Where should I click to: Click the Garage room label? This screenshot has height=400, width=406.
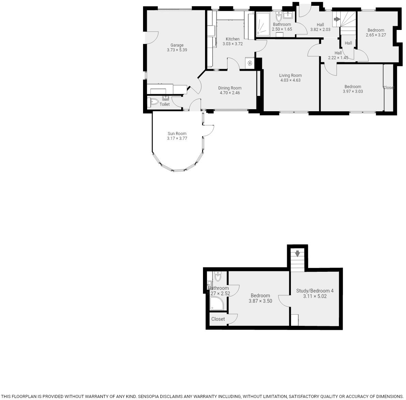click(177, 45)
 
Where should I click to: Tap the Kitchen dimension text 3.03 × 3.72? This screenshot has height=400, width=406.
click(232, 44)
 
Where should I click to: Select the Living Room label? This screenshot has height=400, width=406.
click(290, 76)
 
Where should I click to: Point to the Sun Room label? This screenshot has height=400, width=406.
click(177, 134)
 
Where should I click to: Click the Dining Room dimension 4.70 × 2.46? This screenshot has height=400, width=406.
click(230, 93)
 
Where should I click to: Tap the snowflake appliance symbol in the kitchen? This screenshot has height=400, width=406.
click(250, 63)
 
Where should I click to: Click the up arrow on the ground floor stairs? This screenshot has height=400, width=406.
click(337, 19)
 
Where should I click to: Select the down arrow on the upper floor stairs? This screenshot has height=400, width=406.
click(297, 253)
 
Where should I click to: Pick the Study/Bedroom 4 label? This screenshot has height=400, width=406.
click(315, 291)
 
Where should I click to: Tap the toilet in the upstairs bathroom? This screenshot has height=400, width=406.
click(218, 276)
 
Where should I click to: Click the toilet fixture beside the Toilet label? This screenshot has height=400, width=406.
click(154, 101)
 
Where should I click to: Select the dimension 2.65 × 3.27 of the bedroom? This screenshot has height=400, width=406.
click(376, 35)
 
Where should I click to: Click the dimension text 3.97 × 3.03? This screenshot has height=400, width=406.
click(353, 91)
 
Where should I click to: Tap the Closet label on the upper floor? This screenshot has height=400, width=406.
click(218, 319)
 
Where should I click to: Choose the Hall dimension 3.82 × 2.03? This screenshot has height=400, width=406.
click(320, 30)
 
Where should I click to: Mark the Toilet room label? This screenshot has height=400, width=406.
click(165, 104)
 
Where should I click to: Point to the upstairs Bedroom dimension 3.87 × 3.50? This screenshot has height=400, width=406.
click(260, 301)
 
